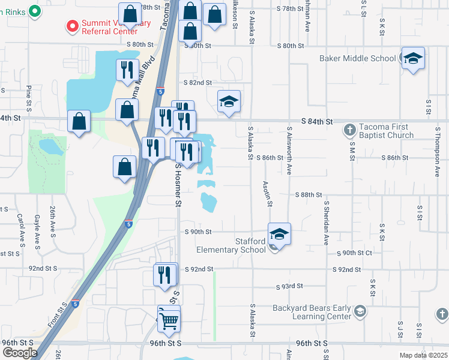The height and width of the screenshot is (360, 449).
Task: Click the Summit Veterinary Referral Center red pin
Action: point(73,26)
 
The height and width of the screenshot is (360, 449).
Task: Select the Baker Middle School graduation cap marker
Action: point(413,59)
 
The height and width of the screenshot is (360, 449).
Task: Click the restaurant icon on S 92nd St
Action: point(165,275)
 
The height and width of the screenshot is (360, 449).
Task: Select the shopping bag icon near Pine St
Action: point(79,121)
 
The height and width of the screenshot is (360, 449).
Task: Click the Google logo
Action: point(20,353)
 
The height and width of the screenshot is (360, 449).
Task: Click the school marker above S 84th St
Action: point(229,102)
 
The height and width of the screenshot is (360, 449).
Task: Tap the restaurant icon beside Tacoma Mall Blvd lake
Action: point(127,70)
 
